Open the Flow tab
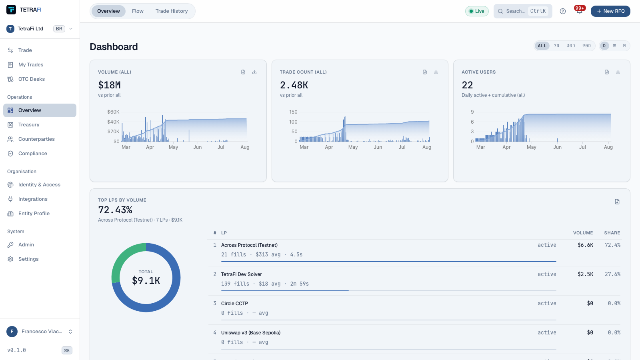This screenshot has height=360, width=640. tap(138, 11)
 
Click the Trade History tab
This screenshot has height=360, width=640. tap(172, 11)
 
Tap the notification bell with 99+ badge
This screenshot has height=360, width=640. tap(579, 11)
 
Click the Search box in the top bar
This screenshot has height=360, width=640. tap(522, 11)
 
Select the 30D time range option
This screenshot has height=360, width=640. tap(570, 46)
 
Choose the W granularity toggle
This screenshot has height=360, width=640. tap(614, 46)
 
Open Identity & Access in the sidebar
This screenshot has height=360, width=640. tap(40, 184)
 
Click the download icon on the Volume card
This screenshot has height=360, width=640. tap(254, 72)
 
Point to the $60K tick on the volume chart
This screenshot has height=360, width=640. tap(113, 112)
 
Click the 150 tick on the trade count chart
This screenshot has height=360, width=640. tap(293, 112)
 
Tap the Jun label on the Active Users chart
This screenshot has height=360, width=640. tap(557, 147)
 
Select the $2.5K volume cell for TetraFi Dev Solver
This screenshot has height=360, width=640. tap(585, 274)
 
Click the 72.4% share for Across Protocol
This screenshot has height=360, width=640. tap(612, 245)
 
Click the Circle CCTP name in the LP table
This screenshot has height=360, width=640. tap(234, 304)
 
